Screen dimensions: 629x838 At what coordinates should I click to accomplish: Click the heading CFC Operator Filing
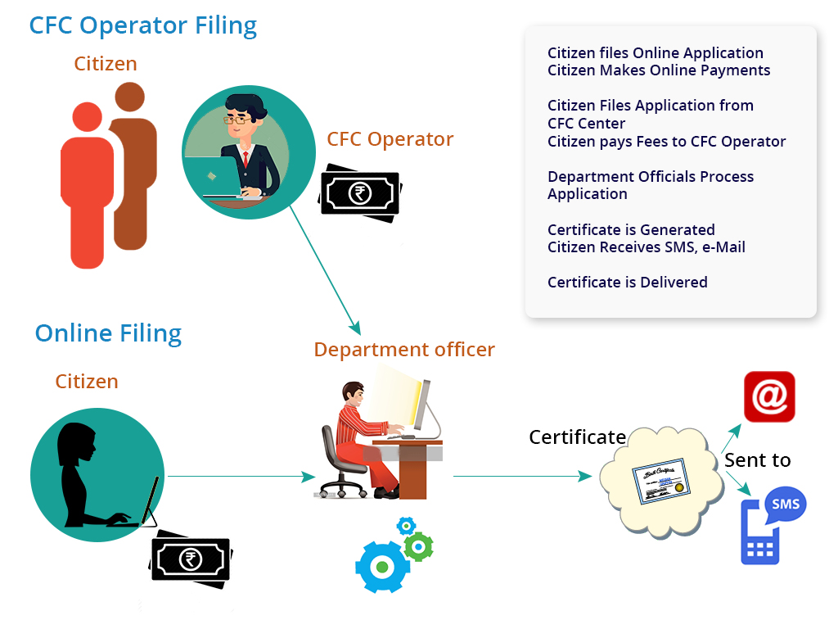[143, 25]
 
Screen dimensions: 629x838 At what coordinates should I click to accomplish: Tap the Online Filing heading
[108, 333]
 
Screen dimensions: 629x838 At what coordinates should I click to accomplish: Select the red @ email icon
[769, 397]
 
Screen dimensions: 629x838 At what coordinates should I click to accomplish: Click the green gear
[419, 546]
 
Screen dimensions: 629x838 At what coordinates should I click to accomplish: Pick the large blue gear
[381, 566]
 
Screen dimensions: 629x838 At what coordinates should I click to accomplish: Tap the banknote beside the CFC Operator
[360, 193]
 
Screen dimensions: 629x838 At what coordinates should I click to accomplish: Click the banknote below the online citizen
[191, 560]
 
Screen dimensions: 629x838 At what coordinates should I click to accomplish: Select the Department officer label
[404, 350]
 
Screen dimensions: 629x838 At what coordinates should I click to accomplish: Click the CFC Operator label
[390, 139]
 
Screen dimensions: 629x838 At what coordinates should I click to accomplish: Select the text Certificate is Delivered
[627, 282]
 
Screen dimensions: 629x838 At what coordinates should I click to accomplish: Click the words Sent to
[757, 460]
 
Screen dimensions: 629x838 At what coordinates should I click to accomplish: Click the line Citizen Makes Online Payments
[659, 70]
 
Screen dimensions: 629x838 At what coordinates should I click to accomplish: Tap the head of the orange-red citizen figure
[87, 117]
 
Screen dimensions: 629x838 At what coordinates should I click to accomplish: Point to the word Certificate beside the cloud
[577, 437]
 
